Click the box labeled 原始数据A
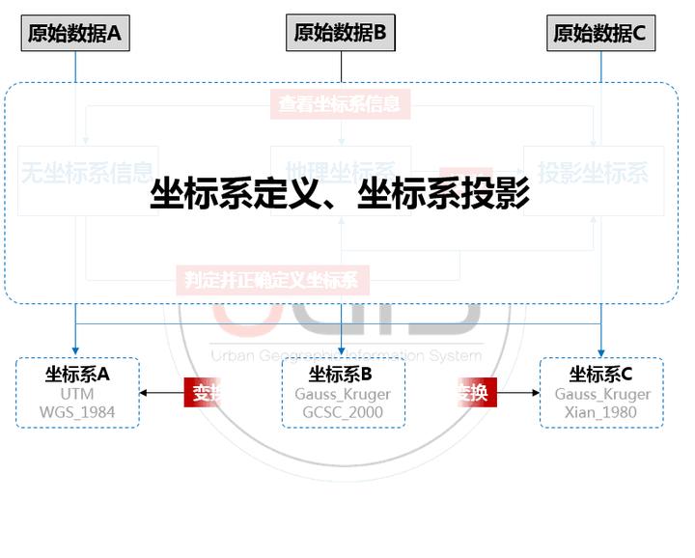[74, 34]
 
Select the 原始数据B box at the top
[341, 33]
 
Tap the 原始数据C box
[600, 34]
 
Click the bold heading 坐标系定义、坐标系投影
[340, 195]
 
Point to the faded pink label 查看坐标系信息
[340, 103]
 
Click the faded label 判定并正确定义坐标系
[271, 281]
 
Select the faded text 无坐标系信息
[87, 174]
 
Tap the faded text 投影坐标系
[594, 174]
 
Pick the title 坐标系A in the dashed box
[77, 375]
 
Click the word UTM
[77, 394]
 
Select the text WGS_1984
[77, 412]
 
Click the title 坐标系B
[341, 375]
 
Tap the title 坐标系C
[600, 375]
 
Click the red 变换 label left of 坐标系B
[204, 393]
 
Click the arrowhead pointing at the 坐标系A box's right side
[145, 393]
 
